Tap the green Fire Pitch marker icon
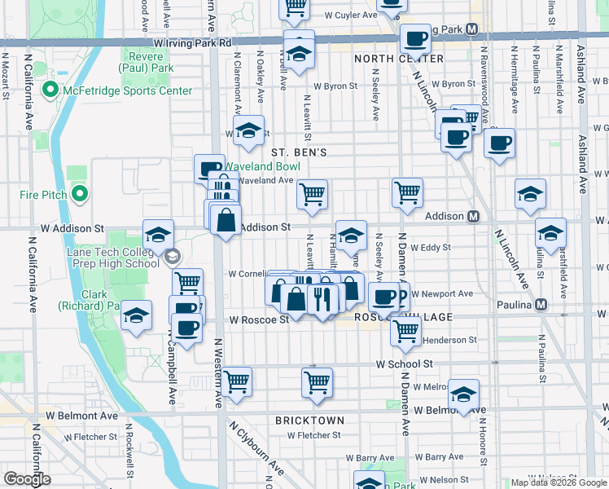tap(79, 193)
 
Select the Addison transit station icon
tap(472, 217)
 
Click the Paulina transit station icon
tap(541, 304)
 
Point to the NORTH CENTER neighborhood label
tap(399, 59)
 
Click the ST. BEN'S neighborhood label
tap(299, 152)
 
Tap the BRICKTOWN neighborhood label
tap(309, 421)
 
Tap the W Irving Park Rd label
tap(192, 42)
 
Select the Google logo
tap(26, 479)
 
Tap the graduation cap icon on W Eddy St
tap(351, 236)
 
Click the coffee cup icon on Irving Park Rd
tap(415, 37)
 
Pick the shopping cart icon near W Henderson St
tap(405, 330)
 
